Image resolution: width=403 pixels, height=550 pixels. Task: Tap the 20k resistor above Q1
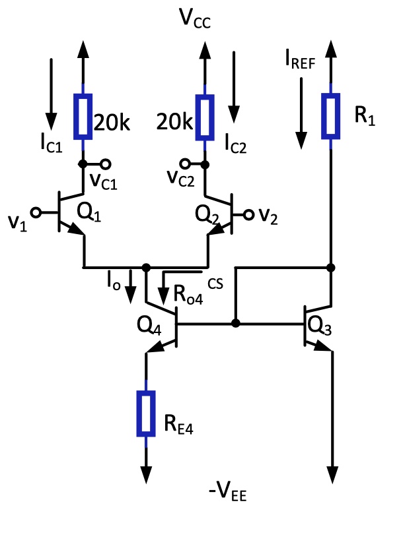coord(82,116)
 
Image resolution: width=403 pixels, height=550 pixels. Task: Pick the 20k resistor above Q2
coord(205,116)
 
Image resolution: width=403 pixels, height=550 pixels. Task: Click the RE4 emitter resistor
coord(145,413)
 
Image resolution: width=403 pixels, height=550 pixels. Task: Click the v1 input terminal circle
coord(37,212)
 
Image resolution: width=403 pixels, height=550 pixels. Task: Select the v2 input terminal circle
coord(250,214)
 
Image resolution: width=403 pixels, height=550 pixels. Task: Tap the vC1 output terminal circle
coord(104,164)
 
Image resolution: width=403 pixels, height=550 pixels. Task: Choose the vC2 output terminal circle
coord(185,164)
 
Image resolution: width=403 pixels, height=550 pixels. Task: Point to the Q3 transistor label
coord(320,325)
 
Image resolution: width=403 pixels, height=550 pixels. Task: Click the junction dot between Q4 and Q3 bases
coord(235,324)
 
